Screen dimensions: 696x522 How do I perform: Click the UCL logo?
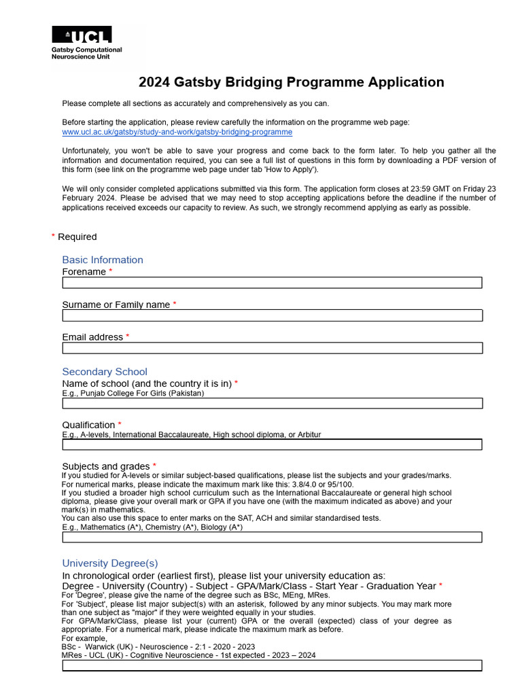(82, 35)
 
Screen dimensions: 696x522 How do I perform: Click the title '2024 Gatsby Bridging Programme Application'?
(291, 82)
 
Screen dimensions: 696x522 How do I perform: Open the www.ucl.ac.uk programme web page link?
(177, 132)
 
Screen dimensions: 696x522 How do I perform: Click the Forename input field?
(272, 283)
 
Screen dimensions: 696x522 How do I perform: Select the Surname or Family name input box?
(272, 315)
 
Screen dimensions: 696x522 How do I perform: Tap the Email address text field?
(272, 348)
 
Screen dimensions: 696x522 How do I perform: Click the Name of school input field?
(272, 403)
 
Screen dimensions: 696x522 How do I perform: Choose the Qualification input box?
(272, 445)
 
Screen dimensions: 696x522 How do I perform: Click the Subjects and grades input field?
(272, 537)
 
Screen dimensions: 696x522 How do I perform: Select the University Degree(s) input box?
(272, 665)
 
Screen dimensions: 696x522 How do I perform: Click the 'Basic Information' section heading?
(103, 260)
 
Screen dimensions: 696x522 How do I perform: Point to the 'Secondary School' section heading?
(105, 372)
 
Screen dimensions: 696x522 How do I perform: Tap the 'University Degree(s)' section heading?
(110, 563)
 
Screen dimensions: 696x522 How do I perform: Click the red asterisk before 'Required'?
(53, 237)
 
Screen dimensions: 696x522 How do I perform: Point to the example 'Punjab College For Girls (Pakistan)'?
(133, 393)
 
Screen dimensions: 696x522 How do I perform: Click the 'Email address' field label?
(92, 337)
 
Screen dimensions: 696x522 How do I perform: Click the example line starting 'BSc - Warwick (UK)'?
(158, 647)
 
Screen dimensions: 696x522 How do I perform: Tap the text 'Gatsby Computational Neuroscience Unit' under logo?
(87, 53)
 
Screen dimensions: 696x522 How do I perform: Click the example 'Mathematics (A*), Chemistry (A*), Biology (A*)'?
(152, 527)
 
